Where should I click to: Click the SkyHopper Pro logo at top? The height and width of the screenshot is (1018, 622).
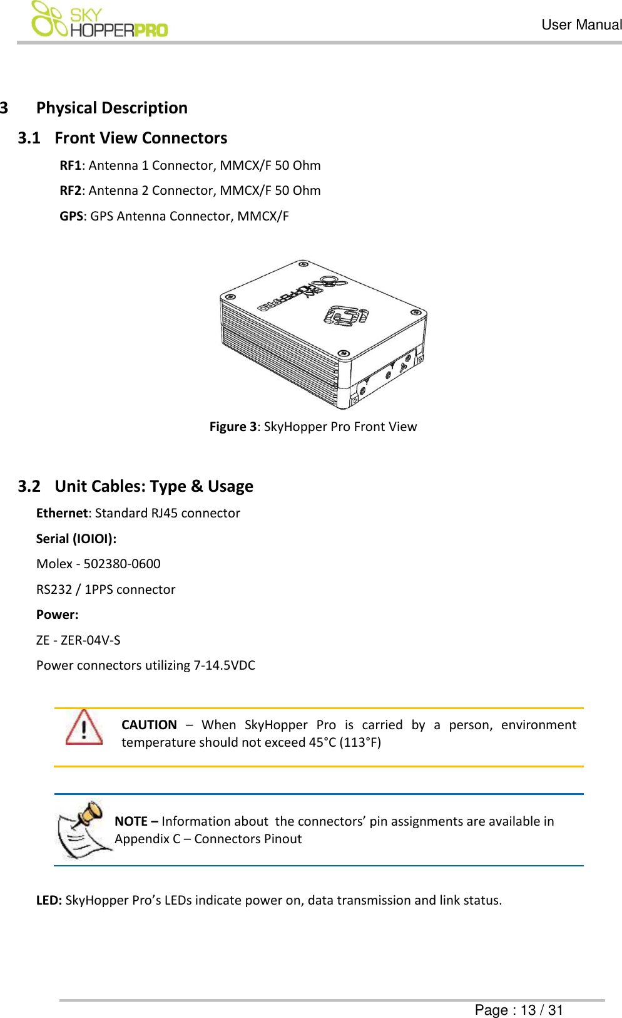click(99, 20)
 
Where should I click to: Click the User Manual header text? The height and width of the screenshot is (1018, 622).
click(581, 25)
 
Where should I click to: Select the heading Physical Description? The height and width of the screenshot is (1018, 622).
click(111, 108)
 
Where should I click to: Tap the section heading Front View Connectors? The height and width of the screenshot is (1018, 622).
click(141, 138)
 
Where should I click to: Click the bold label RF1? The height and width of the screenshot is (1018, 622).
click(70, 165)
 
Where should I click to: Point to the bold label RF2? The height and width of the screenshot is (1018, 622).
click(70, 190)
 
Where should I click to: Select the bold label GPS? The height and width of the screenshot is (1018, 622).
click(71, 216)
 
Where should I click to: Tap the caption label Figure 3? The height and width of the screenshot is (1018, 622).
click(233, 427)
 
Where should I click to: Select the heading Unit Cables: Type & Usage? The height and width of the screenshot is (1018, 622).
click(154, 486)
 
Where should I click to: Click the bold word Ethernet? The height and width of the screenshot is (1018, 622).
click(62, 513)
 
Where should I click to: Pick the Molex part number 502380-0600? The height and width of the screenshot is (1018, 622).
click(122, 564)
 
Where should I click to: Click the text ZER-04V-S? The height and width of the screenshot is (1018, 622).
click(91, 640)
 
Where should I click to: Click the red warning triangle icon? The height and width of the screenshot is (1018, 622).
click(84, 729)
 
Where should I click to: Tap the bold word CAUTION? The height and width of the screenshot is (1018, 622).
click(149, 725)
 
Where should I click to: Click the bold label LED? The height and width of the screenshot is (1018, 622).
click(49, 900)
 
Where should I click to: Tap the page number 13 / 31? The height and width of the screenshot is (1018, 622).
click(541, 1010)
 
